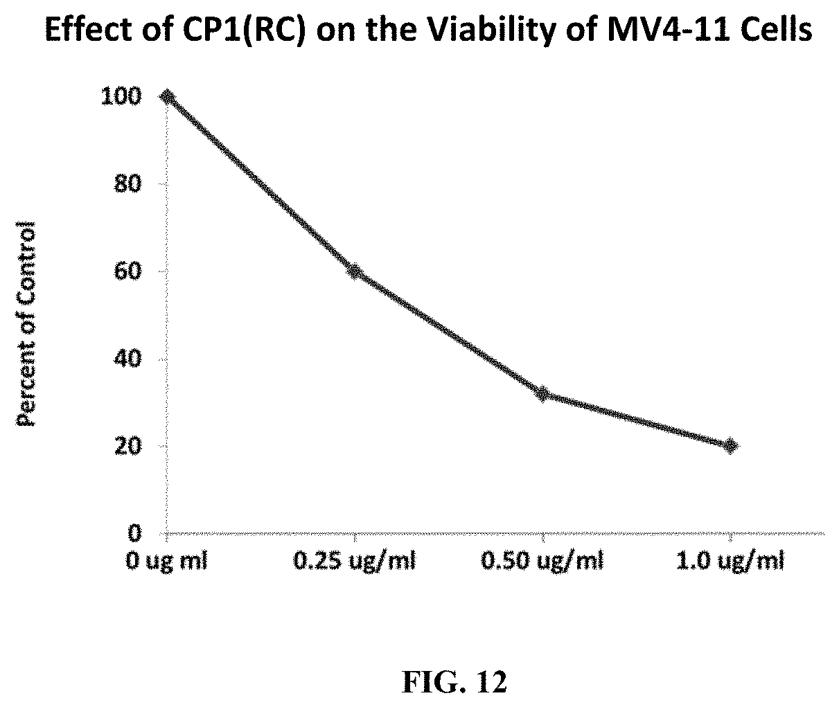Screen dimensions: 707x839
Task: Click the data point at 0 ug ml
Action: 167,96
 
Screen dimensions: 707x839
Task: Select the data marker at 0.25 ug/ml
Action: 355,271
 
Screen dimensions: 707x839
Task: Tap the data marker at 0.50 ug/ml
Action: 542,394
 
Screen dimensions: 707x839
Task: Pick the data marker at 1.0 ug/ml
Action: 730,445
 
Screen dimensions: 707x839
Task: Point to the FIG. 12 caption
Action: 454,682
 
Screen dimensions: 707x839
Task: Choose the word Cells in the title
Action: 778,31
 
